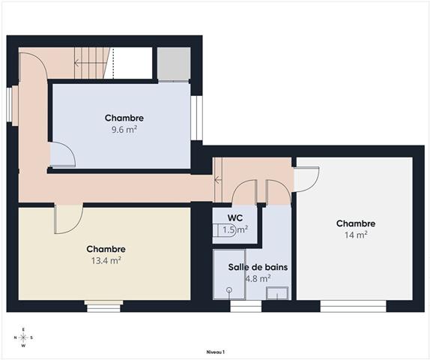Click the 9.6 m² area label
pyautogui.click(x=124, y=129)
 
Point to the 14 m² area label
pyautogui.click(x=355, y=235)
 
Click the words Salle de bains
pyautogui.click(x=259, y=267)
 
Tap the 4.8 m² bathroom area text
pyautogui.click(x=258, y=278)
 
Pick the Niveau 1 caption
pyautogui.click(x=215, y=351)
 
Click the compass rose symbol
pyautogui.click(x=23, y=337)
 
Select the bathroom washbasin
pyautogui.click(x=277, y=293)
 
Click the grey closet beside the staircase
pyautogui.click(x=174, y=64)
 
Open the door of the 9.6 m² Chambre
pyautogui.click(x=62, y=156)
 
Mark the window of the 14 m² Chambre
pyautogui.click(x=353, y=305)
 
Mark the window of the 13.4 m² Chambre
pyautogui.click(x=103, y=305)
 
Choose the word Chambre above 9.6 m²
pyautogui.click(x=124, y=118)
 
